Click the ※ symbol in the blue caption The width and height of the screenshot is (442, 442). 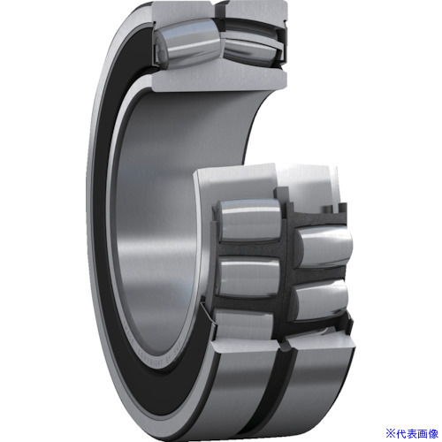391,433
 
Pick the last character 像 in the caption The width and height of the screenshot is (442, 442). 433,433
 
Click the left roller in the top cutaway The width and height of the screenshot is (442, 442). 187,43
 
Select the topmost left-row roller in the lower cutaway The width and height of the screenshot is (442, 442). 249,219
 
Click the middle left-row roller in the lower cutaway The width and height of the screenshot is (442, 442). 249,277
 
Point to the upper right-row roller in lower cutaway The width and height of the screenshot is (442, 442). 324,246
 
